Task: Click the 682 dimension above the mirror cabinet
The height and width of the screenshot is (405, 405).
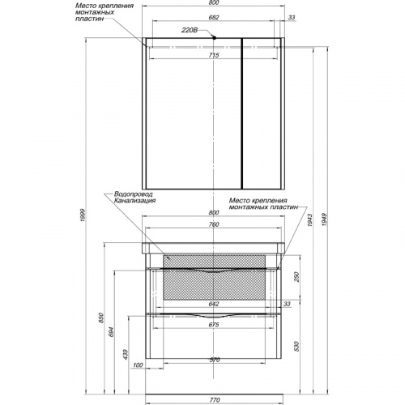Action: [x=214, y=18]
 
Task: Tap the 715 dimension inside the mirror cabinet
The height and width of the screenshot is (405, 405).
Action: [x=214, y=55]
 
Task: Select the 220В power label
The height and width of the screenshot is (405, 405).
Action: [x=190, y=30]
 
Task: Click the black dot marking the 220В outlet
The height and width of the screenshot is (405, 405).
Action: [x=214, y=38]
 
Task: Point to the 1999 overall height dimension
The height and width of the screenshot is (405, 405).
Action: [x=83, y=215]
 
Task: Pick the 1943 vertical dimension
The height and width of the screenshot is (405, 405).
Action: [x=309, y=220]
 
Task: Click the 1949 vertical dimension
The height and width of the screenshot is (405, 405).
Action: [x=324, y=220]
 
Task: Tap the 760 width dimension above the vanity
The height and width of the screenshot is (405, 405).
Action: [x=214, y=224]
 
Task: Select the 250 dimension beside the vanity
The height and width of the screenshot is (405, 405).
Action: [x=296, y=277]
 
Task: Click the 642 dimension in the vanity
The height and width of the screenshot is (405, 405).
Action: [x=214, y=304]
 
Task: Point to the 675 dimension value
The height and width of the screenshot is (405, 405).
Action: [x=214, y=325]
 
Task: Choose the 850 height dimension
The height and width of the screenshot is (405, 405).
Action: [x=101, y=318]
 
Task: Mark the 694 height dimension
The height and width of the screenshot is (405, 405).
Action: [x=112, y=332]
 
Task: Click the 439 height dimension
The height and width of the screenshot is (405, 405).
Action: [x=126, y=355]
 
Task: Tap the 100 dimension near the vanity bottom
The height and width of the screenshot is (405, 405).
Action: [x=138, y=365]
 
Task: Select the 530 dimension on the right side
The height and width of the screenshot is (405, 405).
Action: [x=296, y=347]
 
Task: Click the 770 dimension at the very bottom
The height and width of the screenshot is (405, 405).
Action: [x=215, y=400]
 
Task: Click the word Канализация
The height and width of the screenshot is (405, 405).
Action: [x=134, y=201]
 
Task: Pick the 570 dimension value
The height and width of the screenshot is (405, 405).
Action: [x=215, y=360]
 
